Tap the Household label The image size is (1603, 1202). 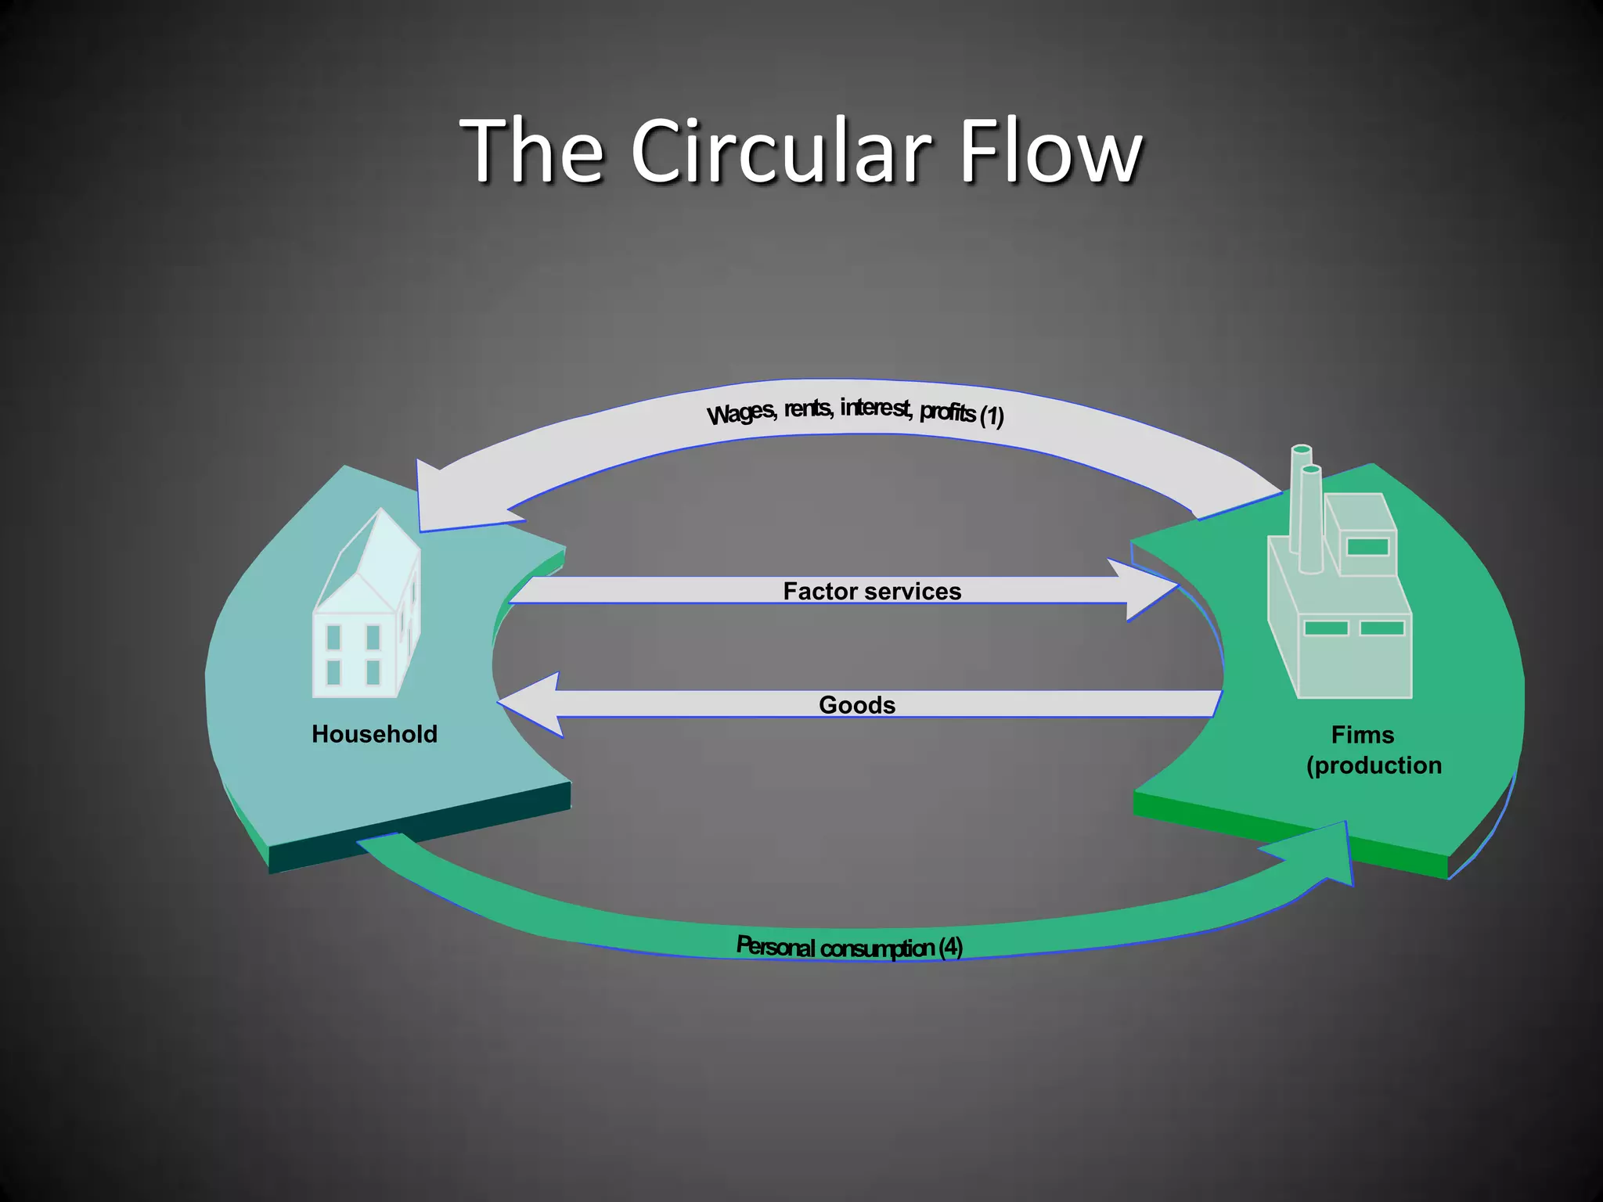[x=374, y=734]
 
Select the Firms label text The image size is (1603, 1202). [x=1363, y=735]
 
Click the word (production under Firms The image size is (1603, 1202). [x=1374, y=765]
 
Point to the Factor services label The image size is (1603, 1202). [x=872, y=592]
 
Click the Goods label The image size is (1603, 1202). [x=857, y=705]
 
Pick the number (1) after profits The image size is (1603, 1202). [x=992, y=416]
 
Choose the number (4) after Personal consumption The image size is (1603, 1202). [x=951, y=947]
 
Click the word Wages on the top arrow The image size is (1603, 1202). [x=740, y=412]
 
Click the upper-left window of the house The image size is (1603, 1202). [x=334, y=637]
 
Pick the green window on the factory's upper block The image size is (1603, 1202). [x=1367, y=546]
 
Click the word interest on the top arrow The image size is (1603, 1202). [x=875, y=408]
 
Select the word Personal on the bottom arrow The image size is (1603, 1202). [x=776, y=946]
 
